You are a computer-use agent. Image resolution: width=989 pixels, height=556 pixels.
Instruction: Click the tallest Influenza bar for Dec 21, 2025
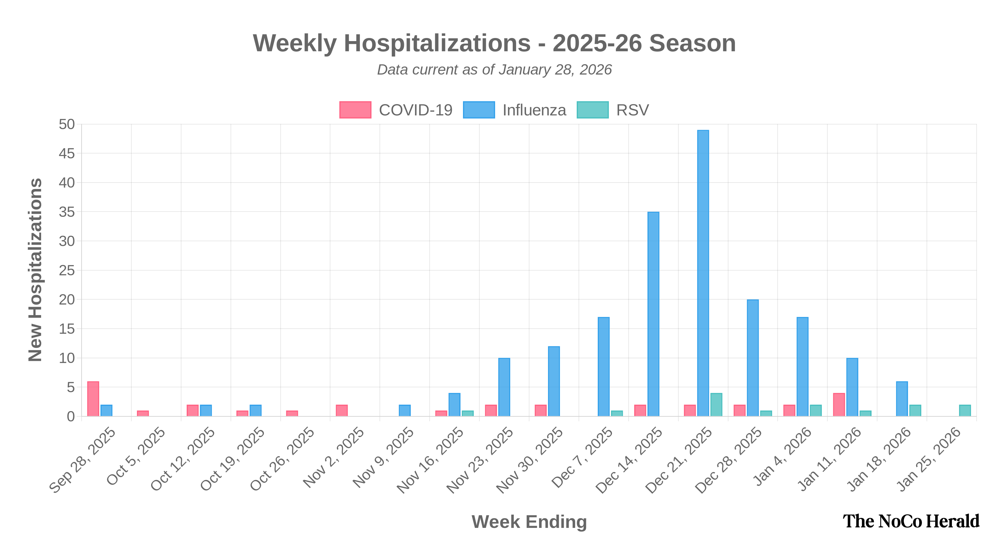coord(703,272)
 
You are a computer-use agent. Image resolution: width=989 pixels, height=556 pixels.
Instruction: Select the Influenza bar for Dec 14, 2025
coord(653,314)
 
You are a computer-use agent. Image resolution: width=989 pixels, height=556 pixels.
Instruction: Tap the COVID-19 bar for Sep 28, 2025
coord(93,398)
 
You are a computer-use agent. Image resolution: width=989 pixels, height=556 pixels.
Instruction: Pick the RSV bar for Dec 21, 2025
coord(716,404)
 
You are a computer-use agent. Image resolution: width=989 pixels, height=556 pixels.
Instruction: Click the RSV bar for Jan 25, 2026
coord(965,410)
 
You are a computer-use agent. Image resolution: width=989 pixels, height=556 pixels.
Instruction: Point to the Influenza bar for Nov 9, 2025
coord(405,410)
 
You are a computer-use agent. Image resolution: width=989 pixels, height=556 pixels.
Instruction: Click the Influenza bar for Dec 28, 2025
coord(753,357)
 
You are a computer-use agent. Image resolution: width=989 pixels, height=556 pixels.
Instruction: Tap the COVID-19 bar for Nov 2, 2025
coord(342,410)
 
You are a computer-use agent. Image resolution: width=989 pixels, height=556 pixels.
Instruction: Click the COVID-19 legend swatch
coord(355,110)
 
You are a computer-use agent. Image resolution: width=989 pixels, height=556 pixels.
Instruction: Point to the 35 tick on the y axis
coord(66,212)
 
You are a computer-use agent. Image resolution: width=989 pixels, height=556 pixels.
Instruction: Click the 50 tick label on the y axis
coord(66,124)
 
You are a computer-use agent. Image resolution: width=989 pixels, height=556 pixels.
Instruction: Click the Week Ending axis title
coord(529,522)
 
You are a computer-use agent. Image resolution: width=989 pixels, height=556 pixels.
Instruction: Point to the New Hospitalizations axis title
coord(35,270)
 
